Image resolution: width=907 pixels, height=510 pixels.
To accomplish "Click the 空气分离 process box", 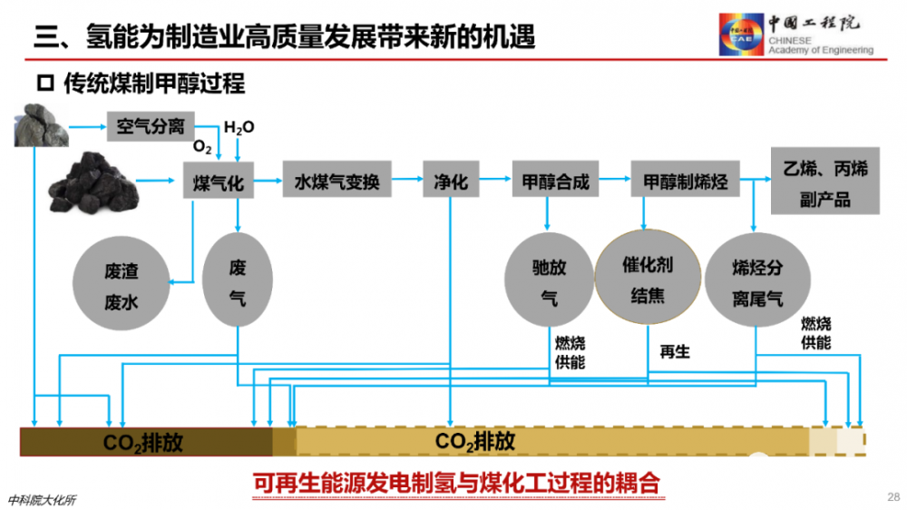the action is coord(151,126).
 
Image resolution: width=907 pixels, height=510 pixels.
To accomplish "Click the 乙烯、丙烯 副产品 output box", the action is coord(824,181).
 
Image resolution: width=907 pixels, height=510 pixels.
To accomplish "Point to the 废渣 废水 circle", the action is coord(122,283).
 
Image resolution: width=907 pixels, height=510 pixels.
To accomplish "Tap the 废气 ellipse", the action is coord(238,280).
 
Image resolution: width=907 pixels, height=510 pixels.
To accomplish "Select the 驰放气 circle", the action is coord(549,280).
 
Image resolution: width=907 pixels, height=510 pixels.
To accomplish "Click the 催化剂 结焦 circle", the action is coord(648,278).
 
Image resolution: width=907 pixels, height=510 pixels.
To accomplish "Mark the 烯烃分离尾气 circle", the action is coord(757,280).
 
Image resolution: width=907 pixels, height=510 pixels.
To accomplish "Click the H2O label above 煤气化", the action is coord(239,127).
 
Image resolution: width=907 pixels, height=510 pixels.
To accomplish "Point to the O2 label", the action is coord(202,146).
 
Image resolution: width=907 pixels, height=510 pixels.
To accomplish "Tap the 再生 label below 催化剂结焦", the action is coord(675,351).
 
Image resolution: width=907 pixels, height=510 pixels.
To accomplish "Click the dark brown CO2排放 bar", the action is coord(146,442).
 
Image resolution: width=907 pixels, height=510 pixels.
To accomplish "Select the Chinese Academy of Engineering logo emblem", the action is coord(741,34).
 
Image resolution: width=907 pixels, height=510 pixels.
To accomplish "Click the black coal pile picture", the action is coord(93,182).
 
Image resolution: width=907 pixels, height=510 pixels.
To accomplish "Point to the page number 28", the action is coord(893,496).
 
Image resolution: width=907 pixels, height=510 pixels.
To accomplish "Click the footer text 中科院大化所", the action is coord(42,500).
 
